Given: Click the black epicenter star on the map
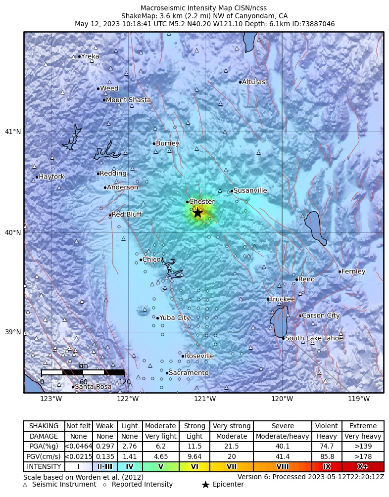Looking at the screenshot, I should (x=197, y=213).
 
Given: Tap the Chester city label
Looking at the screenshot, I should (x=202, y=202).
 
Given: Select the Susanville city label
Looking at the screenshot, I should (x=250, y=190).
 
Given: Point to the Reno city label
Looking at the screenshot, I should (x=306, y=279).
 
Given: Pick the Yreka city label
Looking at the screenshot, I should (x=90, y=56).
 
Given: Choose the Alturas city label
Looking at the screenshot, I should (x=253, y=82).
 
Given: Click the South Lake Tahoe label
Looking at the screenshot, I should (x=314, y=338).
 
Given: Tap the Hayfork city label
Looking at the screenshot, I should (x=51, y=177).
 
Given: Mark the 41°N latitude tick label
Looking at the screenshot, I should (x=13, y=132).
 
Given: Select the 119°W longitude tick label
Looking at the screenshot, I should (x=359, y=399).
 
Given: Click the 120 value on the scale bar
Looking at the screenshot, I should (x=124, y=382).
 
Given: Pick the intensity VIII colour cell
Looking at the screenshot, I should (x=283, y=466).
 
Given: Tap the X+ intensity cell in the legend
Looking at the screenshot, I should (x=363, y=466).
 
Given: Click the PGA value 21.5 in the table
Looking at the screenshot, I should (x=232, y=446).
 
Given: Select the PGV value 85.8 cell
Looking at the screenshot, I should (x=327, y=456).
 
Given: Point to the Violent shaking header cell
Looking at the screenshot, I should (x=327, y=426).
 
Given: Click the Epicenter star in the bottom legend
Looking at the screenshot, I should (x=205, y=485).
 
